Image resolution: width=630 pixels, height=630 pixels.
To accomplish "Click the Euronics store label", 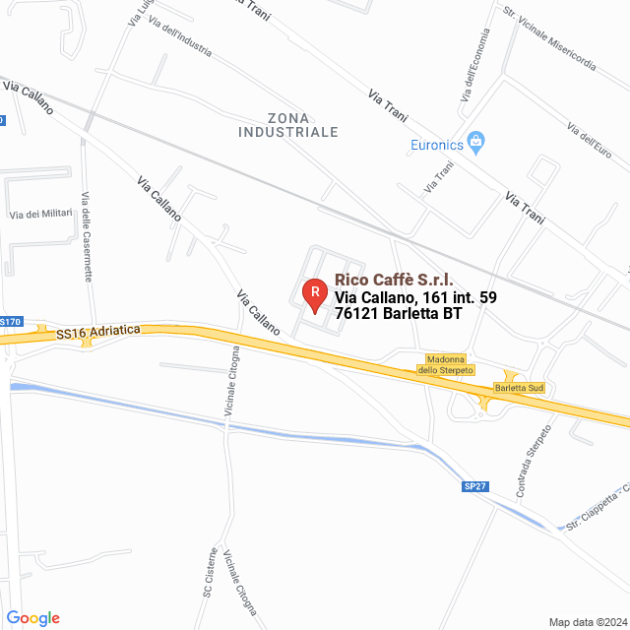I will tap(437, 147).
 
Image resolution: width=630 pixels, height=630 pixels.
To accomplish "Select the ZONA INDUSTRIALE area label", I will tap(288, 124).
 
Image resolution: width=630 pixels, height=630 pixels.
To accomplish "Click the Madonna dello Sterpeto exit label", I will tap(447, 364).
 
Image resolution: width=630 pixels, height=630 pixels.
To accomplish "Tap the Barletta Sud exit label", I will tap(520, 389).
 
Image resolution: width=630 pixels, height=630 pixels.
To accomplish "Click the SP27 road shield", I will tap(474, 486).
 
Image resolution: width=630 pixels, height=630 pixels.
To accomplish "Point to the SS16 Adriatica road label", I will tap(98, 332).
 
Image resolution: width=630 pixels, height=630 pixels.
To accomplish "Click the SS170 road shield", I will tap(9, 322).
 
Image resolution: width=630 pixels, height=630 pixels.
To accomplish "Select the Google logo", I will tap(33, 618).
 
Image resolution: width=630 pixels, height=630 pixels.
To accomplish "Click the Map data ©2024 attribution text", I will tap(587, 622).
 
